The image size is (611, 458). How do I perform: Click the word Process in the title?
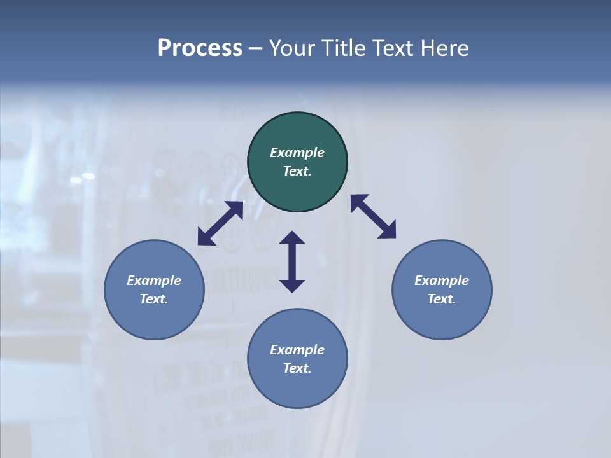[x=200, y=48]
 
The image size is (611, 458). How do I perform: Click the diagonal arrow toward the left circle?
[x=220, y=223]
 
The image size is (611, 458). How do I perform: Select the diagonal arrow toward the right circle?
[x=374, y=216]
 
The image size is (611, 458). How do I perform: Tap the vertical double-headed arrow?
[x=292, y=261]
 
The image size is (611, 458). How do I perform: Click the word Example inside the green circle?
[x=297, y=153]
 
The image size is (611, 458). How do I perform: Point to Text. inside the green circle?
[x=297, y=171]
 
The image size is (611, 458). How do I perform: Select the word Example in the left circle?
[x=154, y=281]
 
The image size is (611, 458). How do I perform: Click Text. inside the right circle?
[x=442, y=299]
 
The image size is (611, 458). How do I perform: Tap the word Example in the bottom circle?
[x=297, y=350]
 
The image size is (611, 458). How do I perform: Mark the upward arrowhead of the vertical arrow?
[x=292, y=238]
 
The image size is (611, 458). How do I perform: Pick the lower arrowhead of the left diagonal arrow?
[x=205, y=238]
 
